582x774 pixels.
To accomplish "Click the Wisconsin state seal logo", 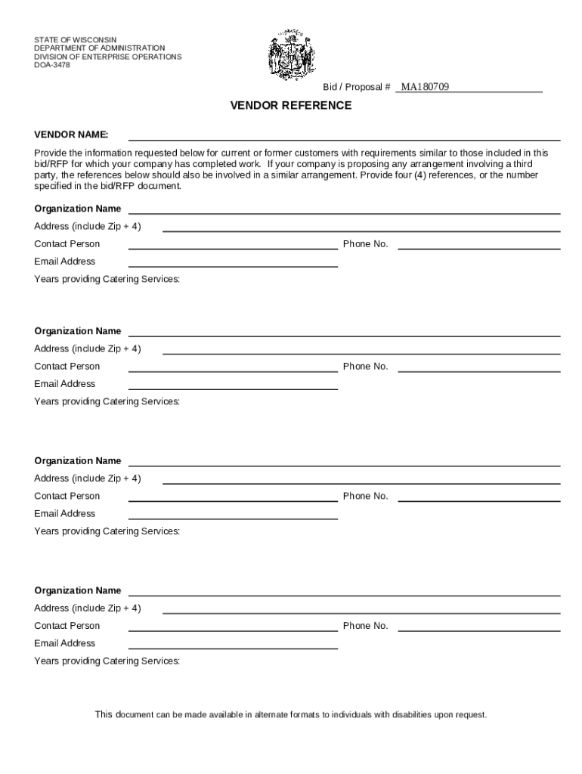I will point(293,56).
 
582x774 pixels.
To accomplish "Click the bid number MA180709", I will point(425,87).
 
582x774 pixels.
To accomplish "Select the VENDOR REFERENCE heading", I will point(291,106).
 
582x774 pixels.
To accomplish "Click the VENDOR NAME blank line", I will point(344,138).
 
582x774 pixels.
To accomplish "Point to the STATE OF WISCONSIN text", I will point(76,39).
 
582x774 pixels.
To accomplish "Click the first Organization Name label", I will point(77,209).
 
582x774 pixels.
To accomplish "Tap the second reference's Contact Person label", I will point(67,367).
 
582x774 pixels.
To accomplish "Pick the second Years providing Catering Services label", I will point(107,401).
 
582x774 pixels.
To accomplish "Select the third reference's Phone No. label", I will point(365,496).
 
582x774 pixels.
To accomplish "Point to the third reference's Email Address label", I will point(64,514).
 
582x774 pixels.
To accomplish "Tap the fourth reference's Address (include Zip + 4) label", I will point(87,608).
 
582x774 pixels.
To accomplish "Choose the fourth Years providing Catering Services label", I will point(107,661).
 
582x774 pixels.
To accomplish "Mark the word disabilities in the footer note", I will point(409,715).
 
